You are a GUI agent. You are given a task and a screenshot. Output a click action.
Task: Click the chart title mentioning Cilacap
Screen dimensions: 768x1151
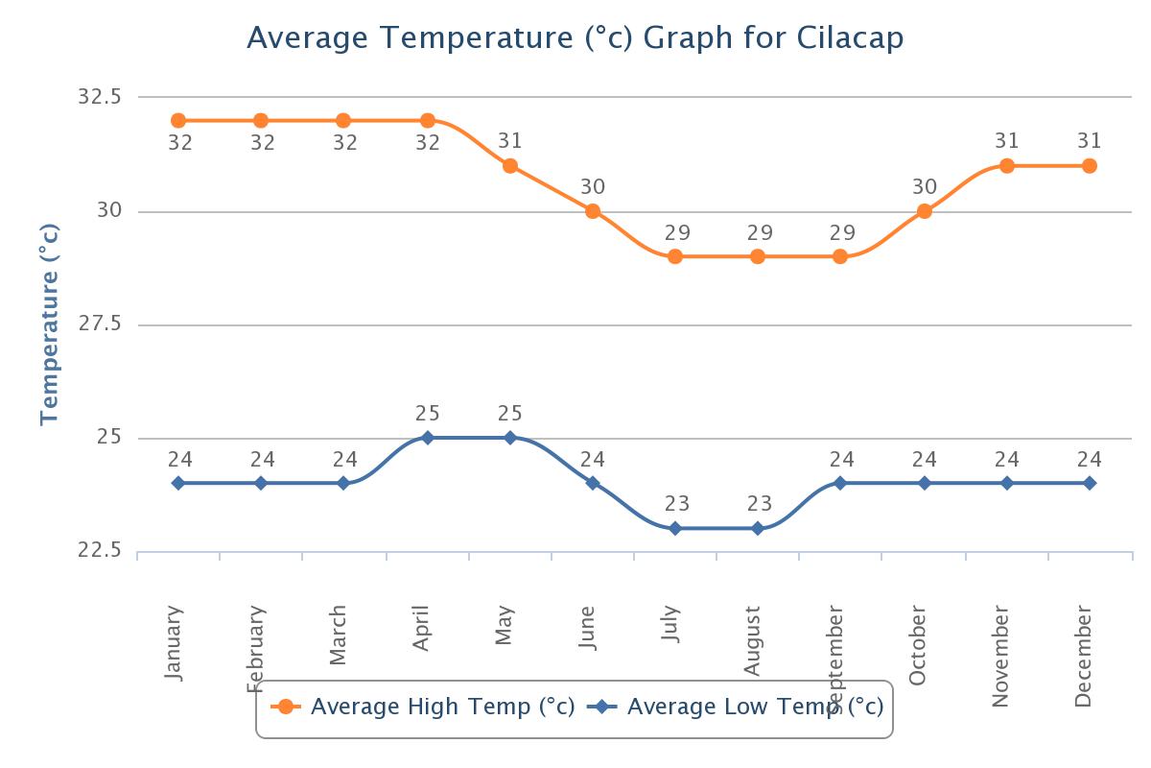tap(575, 38)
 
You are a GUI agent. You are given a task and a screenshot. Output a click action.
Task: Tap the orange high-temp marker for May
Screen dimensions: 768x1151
tap(510, 166)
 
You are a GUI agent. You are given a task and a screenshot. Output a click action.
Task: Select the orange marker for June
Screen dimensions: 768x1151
tap(593, 211)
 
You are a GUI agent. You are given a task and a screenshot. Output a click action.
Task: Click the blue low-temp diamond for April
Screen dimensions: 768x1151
tap(428, 438)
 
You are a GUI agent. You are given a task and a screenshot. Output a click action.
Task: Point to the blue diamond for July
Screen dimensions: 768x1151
tap(675, 528)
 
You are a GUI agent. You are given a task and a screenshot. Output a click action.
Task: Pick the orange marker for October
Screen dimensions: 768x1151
tap(925, 211)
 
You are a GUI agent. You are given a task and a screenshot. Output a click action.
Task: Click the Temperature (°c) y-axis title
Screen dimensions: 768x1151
tap(50, 324)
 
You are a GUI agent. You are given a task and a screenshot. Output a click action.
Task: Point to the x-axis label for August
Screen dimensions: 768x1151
tap(753, 640)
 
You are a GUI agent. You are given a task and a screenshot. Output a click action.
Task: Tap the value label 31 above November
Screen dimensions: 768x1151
tap(1007, 142)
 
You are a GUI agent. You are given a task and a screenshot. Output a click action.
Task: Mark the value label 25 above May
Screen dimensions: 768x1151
tap(510, 414)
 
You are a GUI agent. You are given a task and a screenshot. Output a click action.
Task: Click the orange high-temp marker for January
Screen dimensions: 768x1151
tap(178, 120)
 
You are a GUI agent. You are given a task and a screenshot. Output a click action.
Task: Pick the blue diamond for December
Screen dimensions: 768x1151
tap(1090, 483)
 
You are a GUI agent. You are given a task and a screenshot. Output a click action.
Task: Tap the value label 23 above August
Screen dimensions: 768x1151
tap(758, 504)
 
